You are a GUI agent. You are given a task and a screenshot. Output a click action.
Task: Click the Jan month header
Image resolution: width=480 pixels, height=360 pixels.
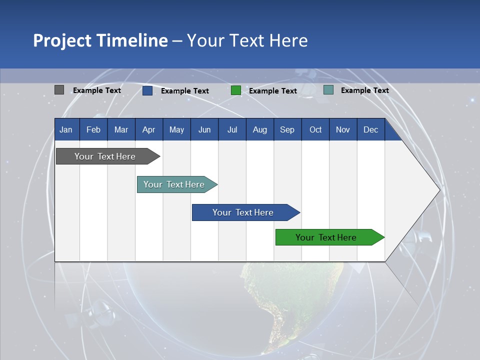coord(66,129)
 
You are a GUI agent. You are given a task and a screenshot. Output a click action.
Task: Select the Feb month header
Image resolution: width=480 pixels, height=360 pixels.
coord(93,129)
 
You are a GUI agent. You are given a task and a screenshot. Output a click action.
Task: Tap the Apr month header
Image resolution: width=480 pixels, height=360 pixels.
coord(148,129)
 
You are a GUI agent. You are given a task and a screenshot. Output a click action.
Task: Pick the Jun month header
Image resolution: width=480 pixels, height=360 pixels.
coord(204,129)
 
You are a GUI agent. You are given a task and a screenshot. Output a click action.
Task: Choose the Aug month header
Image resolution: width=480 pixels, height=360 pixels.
coord(259,129)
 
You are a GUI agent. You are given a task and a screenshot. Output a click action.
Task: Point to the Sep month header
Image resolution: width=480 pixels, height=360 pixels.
coord(287,129)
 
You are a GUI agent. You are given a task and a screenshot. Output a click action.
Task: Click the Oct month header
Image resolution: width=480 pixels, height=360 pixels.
coord(315,129)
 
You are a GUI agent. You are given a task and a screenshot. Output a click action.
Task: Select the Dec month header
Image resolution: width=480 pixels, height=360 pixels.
coord(370,129)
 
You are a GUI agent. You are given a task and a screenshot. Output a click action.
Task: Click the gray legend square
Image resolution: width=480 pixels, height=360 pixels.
coord(59,90)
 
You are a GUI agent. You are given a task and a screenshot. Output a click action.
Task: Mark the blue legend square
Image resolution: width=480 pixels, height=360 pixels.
coord(147,90)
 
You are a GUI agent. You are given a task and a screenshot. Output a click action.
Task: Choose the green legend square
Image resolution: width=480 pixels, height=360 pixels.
coord(236,90)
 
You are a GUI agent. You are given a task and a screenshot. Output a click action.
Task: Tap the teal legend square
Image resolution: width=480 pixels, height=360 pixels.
coord(328,90)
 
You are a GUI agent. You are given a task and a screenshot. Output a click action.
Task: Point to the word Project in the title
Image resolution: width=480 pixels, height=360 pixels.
coord(61,40)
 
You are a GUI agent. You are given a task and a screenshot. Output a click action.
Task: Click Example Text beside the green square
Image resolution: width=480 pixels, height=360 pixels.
coord(272,91)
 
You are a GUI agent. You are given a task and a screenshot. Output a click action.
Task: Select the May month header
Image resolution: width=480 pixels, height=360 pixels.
coord(176,129)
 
